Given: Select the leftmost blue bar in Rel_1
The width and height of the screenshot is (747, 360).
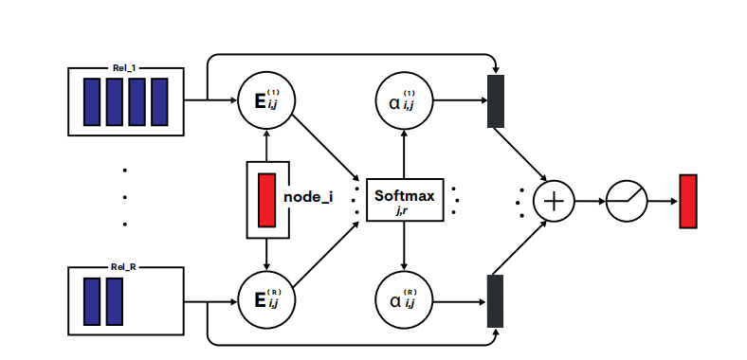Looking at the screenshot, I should pyautogui.click(x=92, y=102).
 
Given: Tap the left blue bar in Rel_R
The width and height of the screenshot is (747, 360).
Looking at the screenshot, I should pyautogui.click(x=92, y=301).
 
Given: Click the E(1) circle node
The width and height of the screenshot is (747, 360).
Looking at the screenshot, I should pyautogui.click(x=266, y=99).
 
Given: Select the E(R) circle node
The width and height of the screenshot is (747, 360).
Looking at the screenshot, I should pyautogui.click(x=266, y=299).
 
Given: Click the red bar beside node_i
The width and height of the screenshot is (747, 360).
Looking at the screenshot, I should pyautogui.click(x=266, y=199).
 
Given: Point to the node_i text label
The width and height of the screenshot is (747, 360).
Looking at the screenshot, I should pyautogui.click(x=308, y=199).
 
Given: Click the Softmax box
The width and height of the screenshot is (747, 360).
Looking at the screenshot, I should pyautogui.click(x=405, y=200).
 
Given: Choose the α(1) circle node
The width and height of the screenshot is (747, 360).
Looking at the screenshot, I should pyautogui.click(x=405, y=99).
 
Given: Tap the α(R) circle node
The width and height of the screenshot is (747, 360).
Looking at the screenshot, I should pyautogui.click(x=405, y=299).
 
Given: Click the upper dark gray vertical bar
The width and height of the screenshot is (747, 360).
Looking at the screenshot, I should pyautogui.click(x=495, y=99).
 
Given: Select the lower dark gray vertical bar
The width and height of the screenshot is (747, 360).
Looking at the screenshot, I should pyautogui.click(x=495, y=300).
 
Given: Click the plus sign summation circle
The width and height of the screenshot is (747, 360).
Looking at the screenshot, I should pyautogui.click(x=554, y=200).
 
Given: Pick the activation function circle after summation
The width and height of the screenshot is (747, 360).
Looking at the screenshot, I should pyautogui.click(x=627, y=200).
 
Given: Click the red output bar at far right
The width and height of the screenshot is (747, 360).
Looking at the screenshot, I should pyautogui.click(x=688, y=200).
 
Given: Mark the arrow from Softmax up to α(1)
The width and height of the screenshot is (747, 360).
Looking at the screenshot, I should pyautogui.click(x=405, y=152).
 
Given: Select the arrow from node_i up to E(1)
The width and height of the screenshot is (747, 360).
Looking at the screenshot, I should pyautogui.click(x=266, y=145).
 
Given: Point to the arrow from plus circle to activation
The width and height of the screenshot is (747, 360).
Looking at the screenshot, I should pyautogui.click(x=589, y=200).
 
